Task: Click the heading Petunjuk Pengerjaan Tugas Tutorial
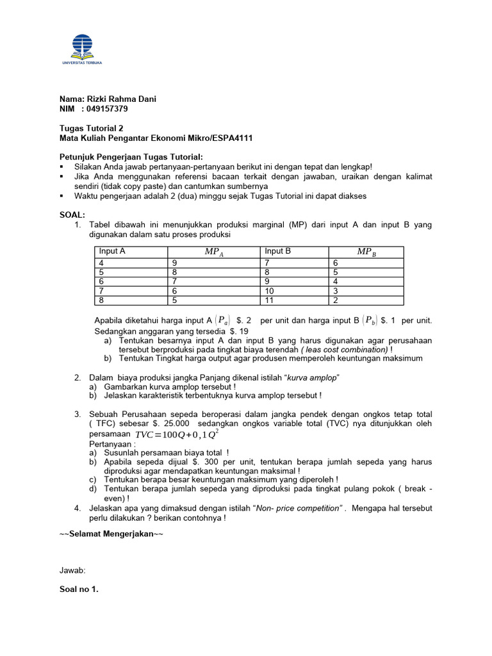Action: pyautogui.click(x=131, y=157)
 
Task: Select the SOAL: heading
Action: pyautogui.click(x=72, y=215)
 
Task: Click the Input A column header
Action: pyautogui.click(x=113, y=252)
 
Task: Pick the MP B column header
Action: pyautogui.click(x=366, y=252)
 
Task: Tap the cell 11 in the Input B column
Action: pyautogui.click(x=270, y=300)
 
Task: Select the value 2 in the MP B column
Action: pyautogui.click(x=335, y=300)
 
